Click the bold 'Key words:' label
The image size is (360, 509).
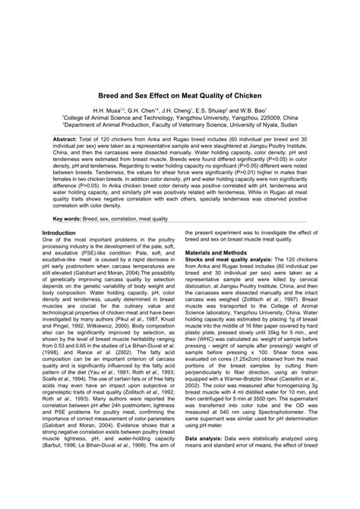click(x=65, y=217)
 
